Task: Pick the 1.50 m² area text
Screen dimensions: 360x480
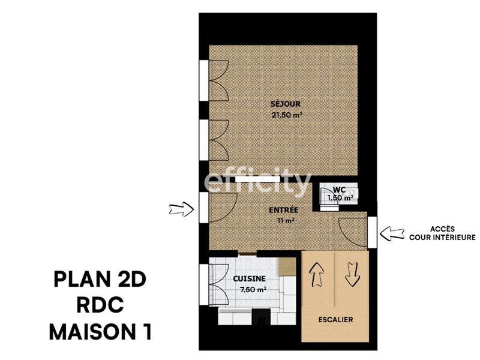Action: [340, 197]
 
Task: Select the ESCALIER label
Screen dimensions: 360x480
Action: [335, 320]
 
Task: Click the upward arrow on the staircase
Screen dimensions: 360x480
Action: [317, 275]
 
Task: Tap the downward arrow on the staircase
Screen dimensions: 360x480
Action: [352, 275]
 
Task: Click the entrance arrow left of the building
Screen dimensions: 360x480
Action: [181, 209]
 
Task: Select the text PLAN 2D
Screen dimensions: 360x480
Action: [100, 280]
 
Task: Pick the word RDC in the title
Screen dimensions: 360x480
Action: [100, 306]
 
